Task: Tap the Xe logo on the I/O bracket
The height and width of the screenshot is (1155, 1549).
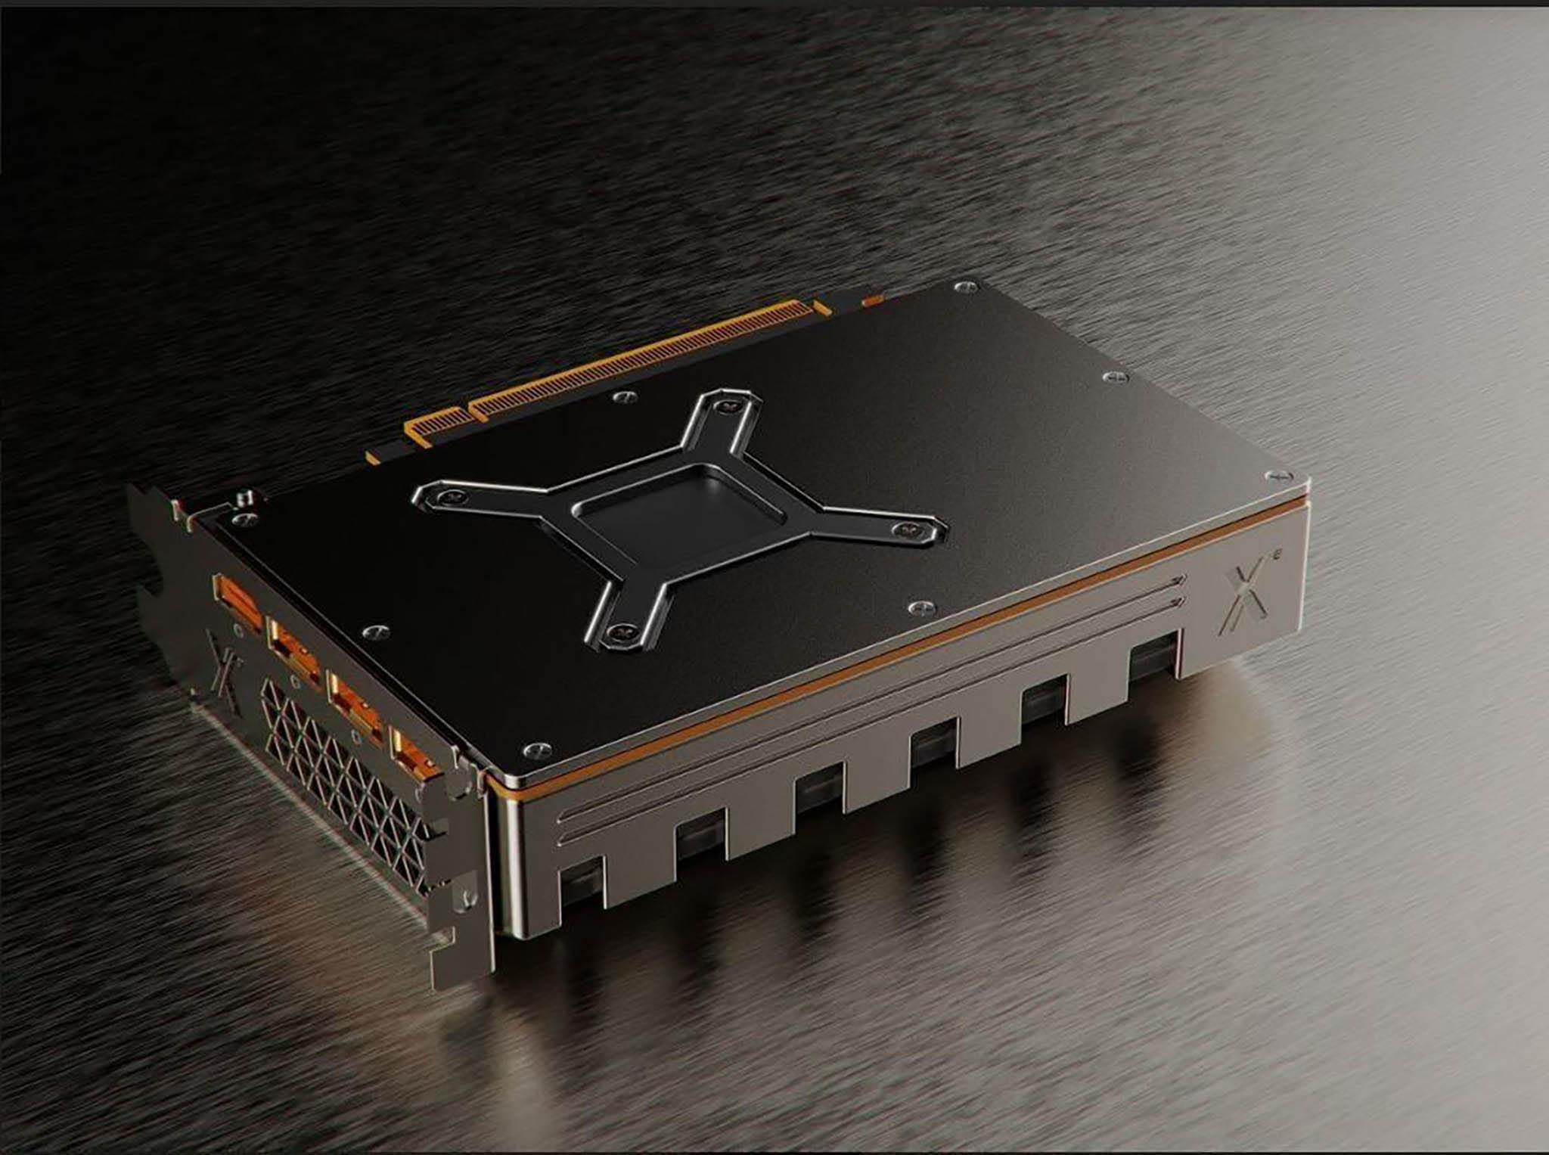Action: [224, 655]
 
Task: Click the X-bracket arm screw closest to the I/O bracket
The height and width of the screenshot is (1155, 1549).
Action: [452, 495]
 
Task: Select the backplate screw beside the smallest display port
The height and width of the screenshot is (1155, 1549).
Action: [534, 749]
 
